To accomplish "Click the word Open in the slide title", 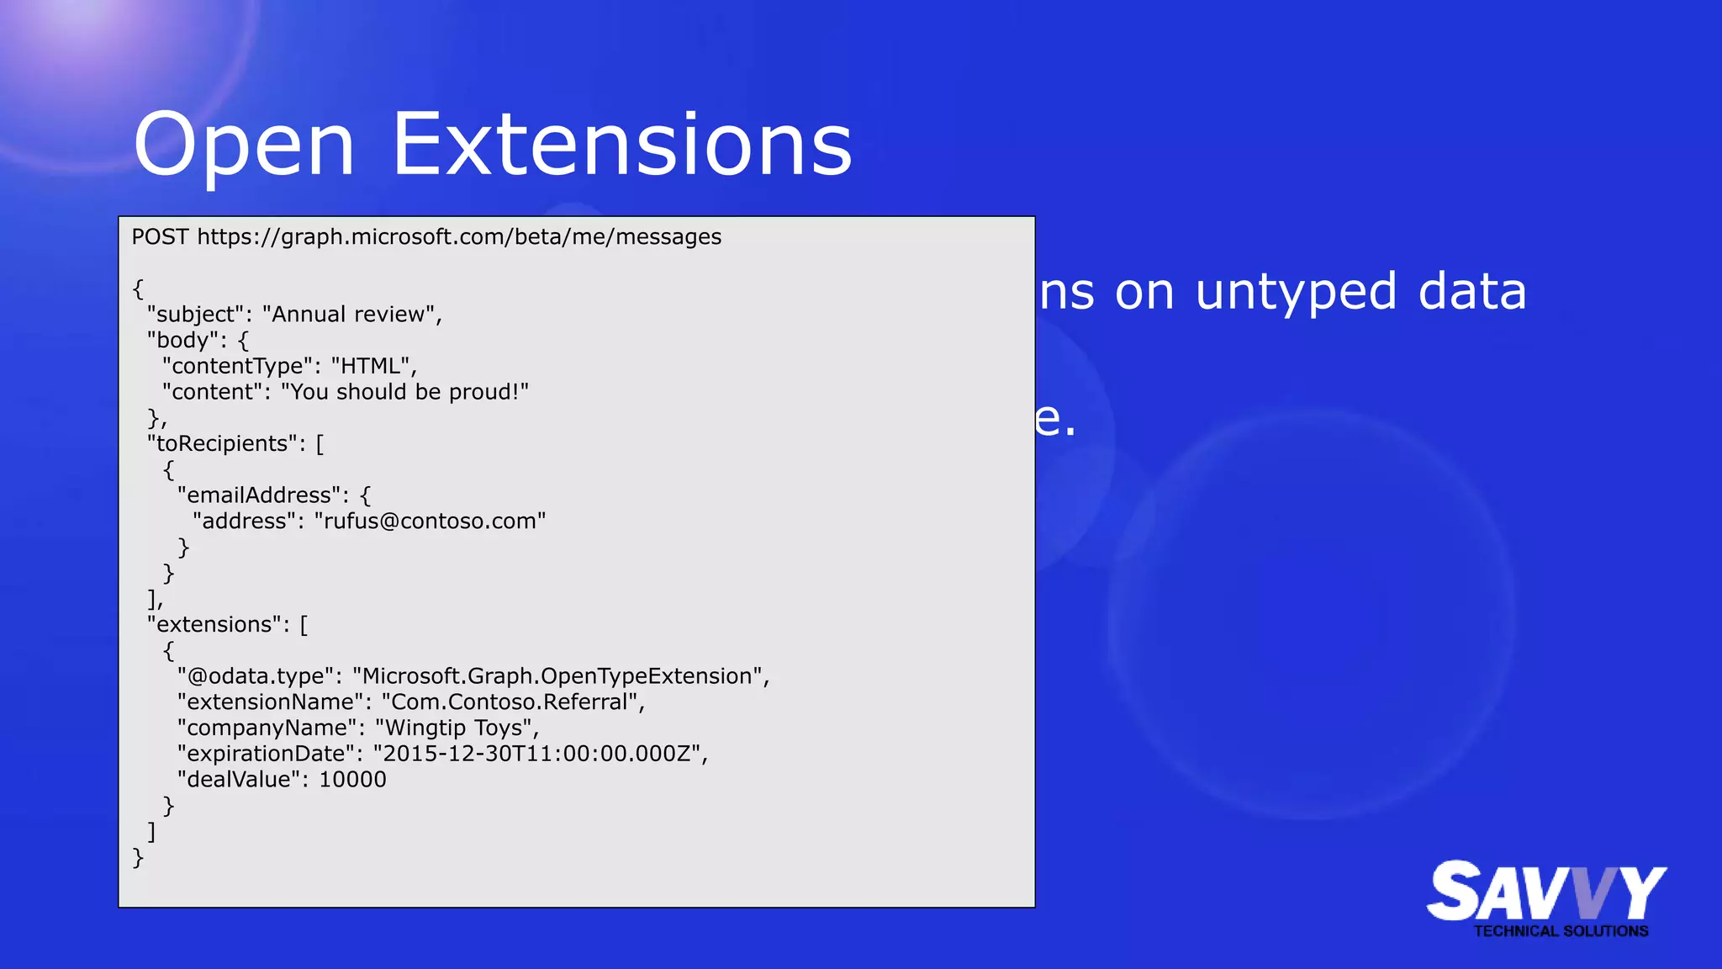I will coord(244,147).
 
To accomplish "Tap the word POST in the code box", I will coord(160,237).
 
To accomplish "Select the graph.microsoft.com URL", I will coord(459,237).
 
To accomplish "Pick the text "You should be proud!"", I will coord(404,392).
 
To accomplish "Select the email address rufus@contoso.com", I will coord(430,522).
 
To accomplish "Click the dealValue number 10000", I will coord(353,780).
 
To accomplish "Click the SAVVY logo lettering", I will coord(1545,892).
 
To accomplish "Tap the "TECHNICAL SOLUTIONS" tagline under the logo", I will coord(1561,931).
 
